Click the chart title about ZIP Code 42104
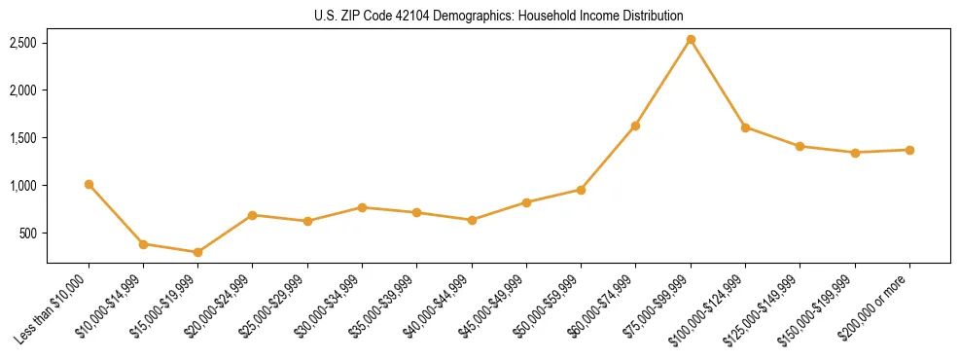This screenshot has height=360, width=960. click(x=498, y=16)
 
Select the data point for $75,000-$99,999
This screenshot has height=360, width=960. click(x=691, y=40)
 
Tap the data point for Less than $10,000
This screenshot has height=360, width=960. click(x=89, y=184)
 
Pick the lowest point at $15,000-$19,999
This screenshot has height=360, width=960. click(x=198, y=252)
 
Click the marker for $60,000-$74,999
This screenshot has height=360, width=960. click(x=635, y=126)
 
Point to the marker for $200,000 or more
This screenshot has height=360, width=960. click(x=909, y=150)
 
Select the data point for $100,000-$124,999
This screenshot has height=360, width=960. click(x=745, y=127)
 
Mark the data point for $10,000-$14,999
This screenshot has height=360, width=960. click(x=143, y=244)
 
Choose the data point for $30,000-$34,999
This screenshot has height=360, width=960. click(x=362, y=207)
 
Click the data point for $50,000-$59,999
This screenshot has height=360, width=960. click(x=581, y=190)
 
